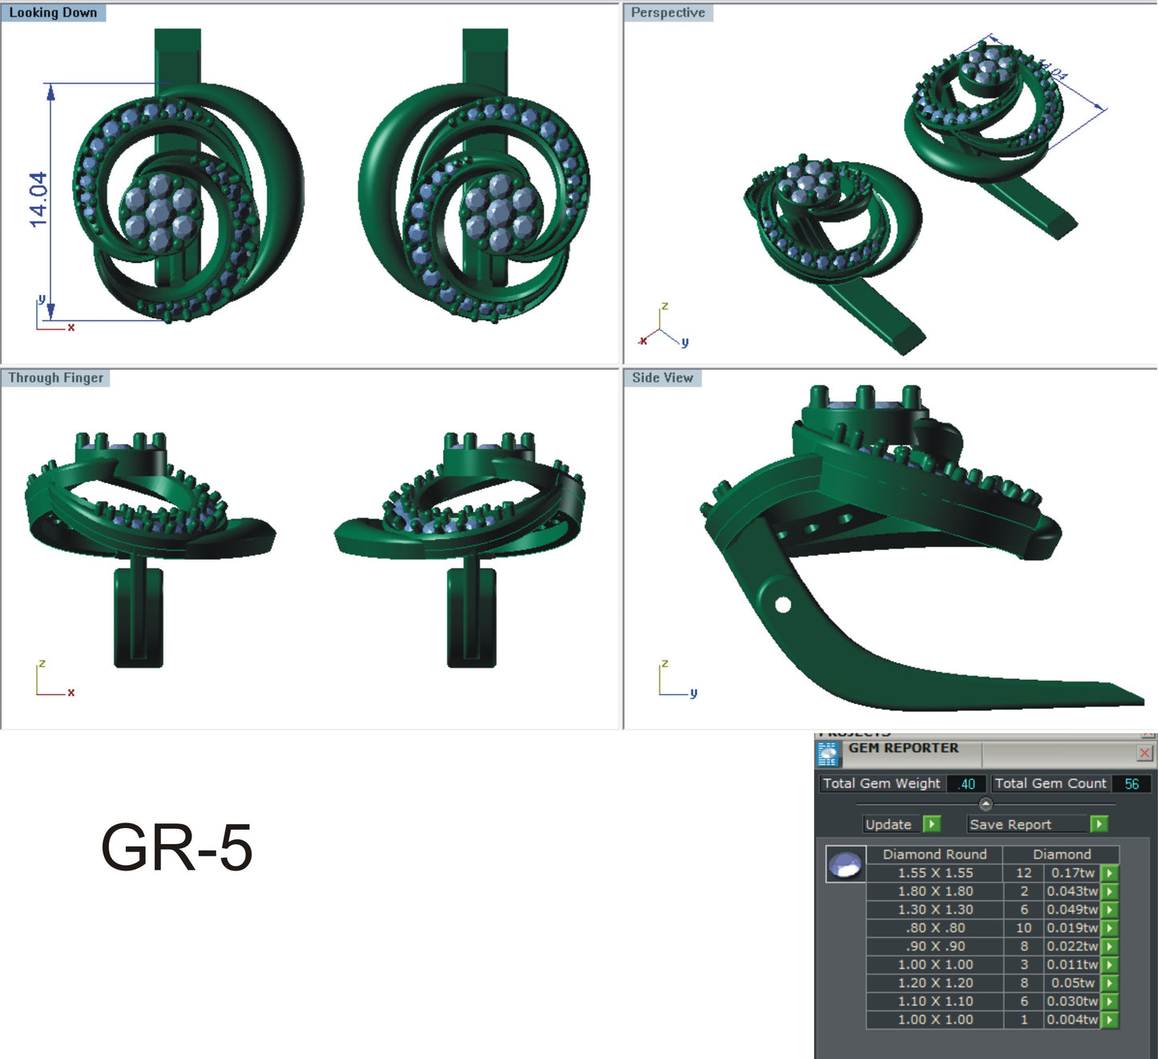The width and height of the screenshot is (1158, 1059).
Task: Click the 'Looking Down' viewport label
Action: click(x=53, y=13)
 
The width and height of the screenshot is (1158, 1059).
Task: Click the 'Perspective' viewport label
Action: click(x=668, y=13)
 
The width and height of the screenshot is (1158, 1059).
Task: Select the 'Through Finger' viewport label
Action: click(x=55, y=378)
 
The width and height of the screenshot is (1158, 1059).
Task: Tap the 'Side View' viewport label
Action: click(x=662, y=378)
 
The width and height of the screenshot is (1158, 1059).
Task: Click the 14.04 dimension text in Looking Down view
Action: click(x=38, y=200)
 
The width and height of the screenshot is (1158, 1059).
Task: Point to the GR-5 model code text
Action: click(x=176, y=847)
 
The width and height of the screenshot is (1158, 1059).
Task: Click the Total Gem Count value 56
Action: click(x=1131, y=784)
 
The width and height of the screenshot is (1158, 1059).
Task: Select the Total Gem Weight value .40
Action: click(x=966, y=784)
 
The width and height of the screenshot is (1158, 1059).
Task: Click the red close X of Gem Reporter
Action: click(x=1144, y=753)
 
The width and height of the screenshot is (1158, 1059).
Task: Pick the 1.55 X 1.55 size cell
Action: click(x=934, y=873)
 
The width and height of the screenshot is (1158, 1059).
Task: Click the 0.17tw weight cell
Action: click(x=1072, y=873)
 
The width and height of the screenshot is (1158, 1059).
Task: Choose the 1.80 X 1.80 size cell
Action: click(x=934, y=891)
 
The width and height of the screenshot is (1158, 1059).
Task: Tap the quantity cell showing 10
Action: click(x=1023, y=928)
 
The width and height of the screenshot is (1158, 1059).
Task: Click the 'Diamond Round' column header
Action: click(x=934, y=855)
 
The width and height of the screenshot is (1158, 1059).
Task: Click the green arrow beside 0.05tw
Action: click(x=1109, y=984)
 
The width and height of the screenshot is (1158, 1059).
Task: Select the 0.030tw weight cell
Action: click(x=1072, y=1002)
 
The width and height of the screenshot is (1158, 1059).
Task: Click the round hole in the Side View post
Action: click(x=783, y=604)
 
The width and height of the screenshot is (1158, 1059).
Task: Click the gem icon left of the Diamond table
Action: click(x=845, y=865)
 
